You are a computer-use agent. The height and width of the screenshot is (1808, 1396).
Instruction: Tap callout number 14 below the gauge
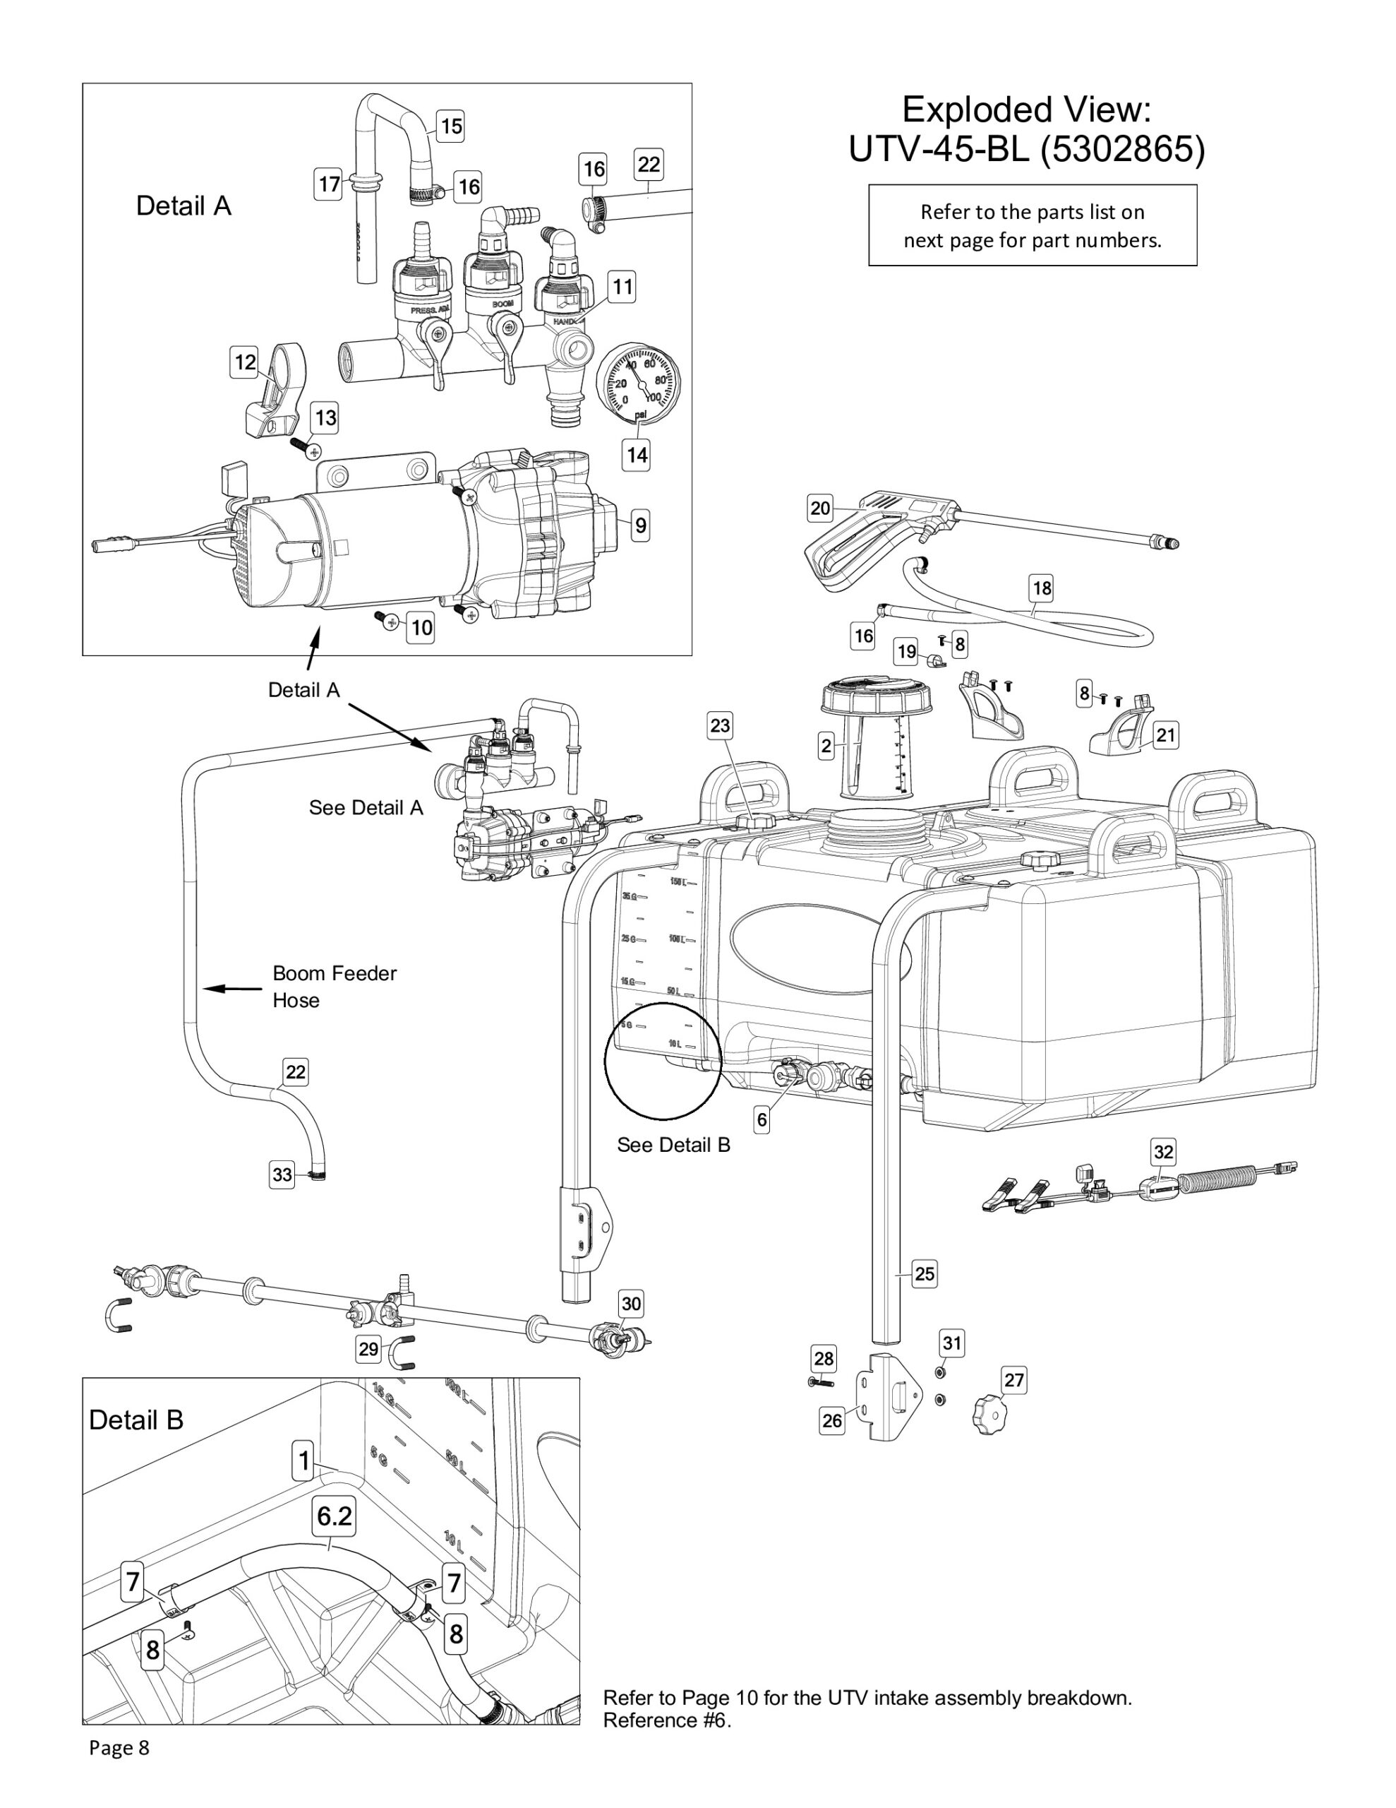[x=635, y=455]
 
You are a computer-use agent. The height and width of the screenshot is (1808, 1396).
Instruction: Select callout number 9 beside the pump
[x=639, y=525]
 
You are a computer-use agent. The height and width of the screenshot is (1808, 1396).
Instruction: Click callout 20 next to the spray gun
[x=819, y=508]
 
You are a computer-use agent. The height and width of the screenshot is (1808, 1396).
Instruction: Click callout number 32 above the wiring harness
[x=1162, y=1151]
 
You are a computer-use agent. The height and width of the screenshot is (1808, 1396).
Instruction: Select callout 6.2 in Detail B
[x=335, y=1516]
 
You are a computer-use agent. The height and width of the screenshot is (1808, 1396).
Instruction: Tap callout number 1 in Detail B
[x=303, y=1461]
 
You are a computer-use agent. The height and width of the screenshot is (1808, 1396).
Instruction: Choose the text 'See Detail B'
[x=673, y=1145]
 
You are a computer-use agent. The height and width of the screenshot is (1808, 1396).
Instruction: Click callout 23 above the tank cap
[x=720, y=726]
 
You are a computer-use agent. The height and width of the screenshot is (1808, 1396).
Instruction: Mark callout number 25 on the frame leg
[x=925, y=1274]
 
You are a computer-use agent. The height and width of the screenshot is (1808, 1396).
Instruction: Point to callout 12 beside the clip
[x=245, y=362]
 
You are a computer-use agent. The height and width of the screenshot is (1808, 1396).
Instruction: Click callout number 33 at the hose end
[x=282, y=1174]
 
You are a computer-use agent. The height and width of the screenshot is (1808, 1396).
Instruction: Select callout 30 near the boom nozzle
[x=630, y=1304]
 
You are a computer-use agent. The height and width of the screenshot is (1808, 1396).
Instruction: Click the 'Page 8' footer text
[x=119, y=1747]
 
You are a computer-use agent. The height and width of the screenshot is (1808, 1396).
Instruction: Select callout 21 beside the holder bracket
[x=1165, y=735]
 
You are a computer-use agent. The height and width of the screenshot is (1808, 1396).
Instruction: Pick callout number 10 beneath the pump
[x=421, y=627]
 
